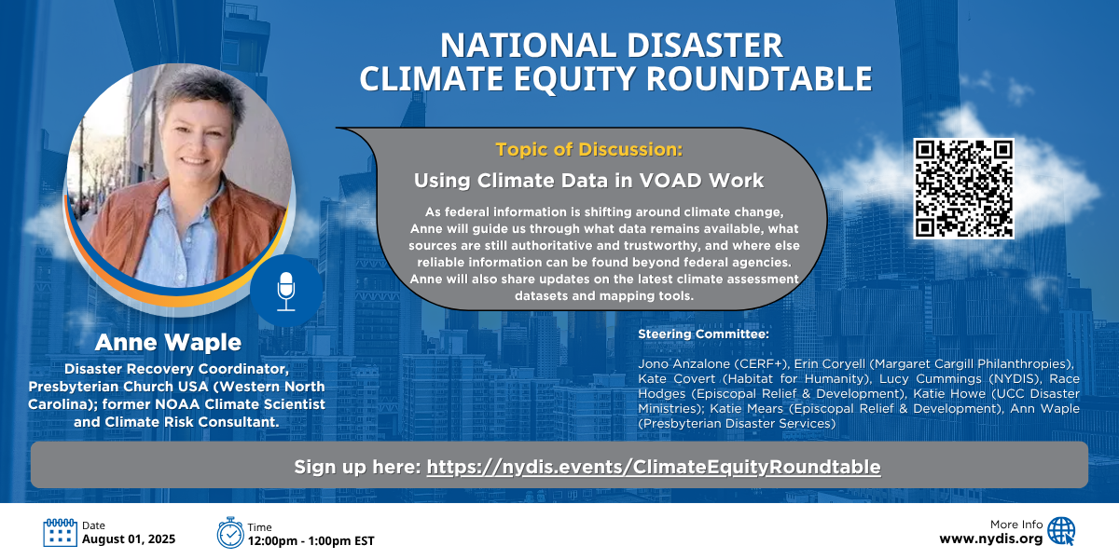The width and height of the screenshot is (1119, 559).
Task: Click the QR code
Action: point(963,188)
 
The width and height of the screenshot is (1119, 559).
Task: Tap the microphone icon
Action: point(285,292)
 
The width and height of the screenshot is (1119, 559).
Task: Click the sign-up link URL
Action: point(654,467)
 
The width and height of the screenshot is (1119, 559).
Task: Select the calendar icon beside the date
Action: point(60,533)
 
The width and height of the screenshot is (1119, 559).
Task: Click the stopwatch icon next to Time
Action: point(229,533)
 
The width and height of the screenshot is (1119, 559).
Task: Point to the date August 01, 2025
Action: point(129,539)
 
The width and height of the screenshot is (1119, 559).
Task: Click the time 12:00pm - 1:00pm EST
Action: point(311,541)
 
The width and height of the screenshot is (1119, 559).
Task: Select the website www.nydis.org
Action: point(991,539)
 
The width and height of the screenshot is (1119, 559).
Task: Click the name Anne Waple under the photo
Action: point(168,343)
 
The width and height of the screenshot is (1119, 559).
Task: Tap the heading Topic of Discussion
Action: point(589,149)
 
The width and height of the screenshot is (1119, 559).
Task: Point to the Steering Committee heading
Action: point(703,334)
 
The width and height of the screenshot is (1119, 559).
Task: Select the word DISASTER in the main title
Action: point(704,46)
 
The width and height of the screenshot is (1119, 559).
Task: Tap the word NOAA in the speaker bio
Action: point(177,404)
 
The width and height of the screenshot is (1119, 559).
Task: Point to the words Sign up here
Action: point(357,467)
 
